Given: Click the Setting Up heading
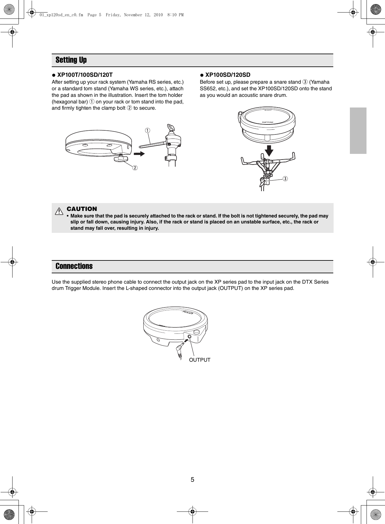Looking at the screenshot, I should tap(71, 60).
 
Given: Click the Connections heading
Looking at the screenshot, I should tap(74, 266).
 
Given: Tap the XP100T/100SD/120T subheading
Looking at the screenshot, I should tap(85, 75).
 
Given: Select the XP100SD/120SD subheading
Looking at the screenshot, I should tap(228, 75).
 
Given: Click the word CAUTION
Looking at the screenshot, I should tap(82, 209).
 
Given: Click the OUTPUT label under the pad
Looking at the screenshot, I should tap(200, 360).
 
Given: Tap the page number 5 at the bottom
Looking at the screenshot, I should tap(192, 480).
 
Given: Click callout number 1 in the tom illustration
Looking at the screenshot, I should tap(147, 130).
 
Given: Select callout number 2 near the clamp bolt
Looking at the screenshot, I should tap(134, 168).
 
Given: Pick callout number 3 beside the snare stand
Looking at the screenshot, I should tap(285, 179).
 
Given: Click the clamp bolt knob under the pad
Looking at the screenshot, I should tap(120, 159).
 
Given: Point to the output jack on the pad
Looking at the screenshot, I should tap(189, 337).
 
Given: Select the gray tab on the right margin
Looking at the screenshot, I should tap(358, 131).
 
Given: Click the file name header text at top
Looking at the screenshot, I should tap(111, 15).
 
